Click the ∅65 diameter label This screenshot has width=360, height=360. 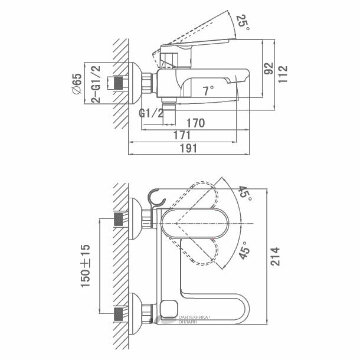pyautogui.click(x=77, y=82)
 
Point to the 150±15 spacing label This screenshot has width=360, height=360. pyautogui.click(x=87, y=266)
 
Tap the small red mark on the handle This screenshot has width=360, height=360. pyautogui.click(x=212, y=210)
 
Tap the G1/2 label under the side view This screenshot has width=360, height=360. pyautogui.click(x=152, y=113)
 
